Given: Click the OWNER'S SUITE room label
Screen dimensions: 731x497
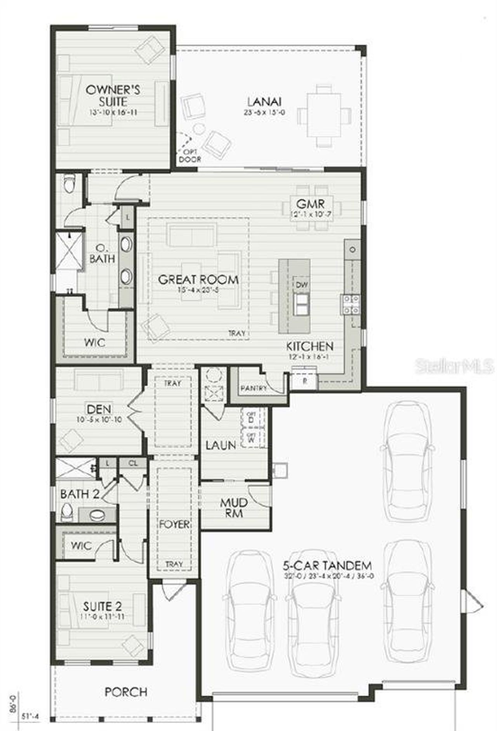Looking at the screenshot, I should pyautogui.click(x=113, y=96).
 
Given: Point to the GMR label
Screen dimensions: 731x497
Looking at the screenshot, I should pyautogui.click(x=309, y=203).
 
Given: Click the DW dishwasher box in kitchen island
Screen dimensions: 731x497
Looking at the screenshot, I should pyautogui.click(x=302, y=285).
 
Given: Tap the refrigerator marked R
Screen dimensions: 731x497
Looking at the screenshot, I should pyautogui.click(x=305, y=381).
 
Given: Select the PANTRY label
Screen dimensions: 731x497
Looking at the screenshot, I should pyautogui.click(x=254, y=388).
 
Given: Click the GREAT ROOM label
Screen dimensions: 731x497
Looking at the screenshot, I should pyautogui.click(x=198, y=280).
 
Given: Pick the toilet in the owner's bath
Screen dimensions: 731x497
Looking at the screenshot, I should pyautogui.click(x=70, y=184).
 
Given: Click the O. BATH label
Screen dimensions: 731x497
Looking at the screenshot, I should pyautogui.click(x=102, y=254).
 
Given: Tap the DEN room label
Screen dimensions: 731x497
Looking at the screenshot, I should pyautogui.click(x=99, y=409).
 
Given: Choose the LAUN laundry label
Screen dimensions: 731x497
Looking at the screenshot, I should pyautogui.click(x=221, y=445).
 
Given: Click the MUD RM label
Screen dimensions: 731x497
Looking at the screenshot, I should pyautogui.click(x=234, y=508).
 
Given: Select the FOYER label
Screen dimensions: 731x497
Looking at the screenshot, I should pyautogui.click(x=174, y=524).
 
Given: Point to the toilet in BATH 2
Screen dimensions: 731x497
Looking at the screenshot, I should pyautogui.click(x=67, y=512).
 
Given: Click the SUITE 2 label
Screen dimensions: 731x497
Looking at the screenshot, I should pyautogui.click(x=103, y=606).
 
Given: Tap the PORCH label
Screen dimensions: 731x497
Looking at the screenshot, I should pyautogui.click(x=126, y=692).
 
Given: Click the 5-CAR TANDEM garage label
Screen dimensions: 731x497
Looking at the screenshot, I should pyautogui.click(x=327, y=565).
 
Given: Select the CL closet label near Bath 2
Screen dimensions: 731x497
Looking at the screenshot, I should pyautogui.click(x=133, y=463).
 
